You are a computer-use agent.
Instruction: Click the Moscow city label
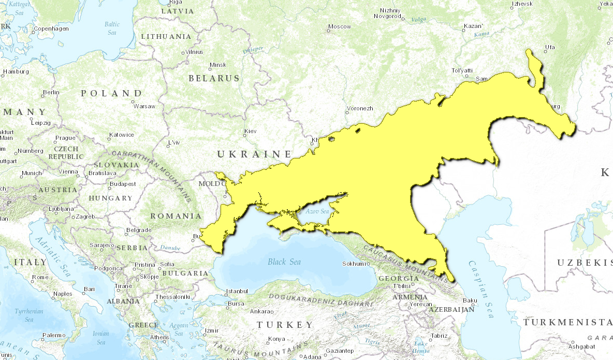(x=340, y=26)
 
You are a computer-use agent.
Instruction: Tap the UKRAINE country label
(x=254, y=154)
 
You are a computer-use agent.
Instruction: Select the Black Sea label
(x=284, y=262)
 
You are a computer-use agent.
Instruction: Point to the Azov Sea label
(x=317, y=211)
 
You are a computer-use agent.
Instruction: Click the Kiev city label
(x=251, y=131)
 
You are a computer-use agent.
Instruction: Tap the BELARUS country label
(x=214, y=78)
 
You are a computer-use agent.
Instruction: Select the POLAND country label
(x=111, y=93)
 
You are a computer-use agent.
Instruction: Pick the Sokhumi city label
(x=355, y=264)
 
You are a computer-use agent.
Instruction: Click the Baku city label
(x=470, y=300)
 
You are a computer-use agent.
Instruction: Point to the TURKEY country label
(x=285, y=325)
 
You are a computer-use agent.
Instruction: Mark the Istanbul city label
(x=237, y=291)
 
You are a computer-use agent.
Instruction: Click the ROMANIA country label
(x=176, y=215)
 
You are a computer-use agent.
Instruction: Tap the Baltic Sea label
(x=112, y=28)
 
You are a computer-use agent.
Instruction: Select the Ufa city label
(x=549, y=48)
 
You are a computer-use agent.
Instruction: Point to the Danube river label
(x=170, y=248)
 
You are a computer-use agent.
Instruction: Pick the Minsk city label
(x=217, y=65)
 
